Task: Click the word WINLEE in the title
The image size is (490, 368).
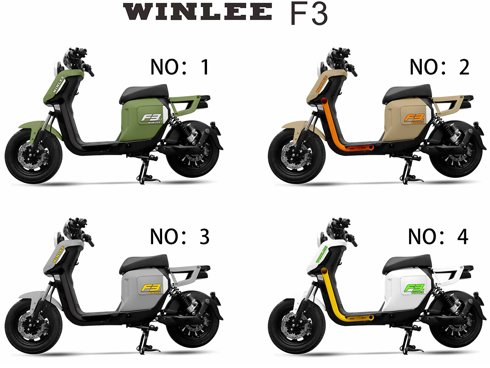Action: click(198, 11)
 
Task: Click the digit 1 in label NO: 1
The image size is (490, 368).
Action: click(205, 67)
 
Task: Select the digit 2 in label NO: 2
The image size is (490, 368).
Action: click(464, 67)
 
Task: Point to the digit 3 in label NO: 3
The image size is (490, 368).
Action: click(205, 237)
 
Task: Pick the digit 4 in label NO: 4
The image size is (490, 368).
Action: click(463, 237)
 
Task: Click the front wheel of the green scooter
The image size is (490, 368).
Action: click(33, 156)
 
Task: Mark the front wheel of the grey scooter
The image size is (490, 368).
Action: click(33, 326)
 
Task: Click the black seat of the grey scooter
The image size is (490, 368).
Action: click(144, 263)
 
